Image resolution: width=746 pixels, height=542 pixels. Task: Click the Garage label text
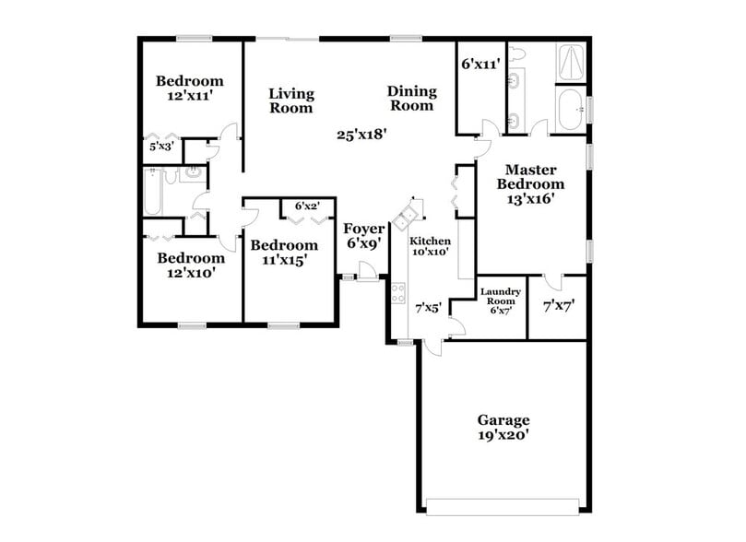pyautogui.click(x=503, y=420)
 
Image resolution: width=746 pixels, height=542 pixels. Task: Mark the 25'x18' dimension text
pyautogui.click(x=361, y=134)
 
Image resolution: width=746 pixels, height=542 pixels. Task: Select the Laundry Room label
pyautogui.click(x=501, y=297)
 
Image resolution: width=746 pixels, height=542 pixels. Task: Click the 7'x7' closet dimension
pyautogui.click(x=559, y=302)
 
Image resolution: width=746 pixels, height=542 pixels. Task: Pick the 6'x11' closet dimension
pyautogui.click(x=480, y=65)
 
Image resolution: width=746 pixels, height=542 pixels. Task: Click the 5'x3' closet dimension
pyautogui.click(x=160, y=146)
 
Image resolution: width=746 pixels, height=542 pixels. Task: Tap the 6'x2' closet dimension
pyautogui.click(x=307, y=206)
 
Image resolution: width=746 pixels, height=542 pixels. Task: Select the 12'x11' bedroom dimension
pyautogui.click(x=190, y=94)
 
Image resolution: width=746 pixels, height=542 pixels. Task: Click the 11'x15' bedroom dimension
pyautogui.click(x=284, y=260)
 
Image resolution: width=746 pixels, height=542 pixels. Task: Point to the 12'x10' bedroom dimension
pyautogui.click(x=190, y=273)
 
